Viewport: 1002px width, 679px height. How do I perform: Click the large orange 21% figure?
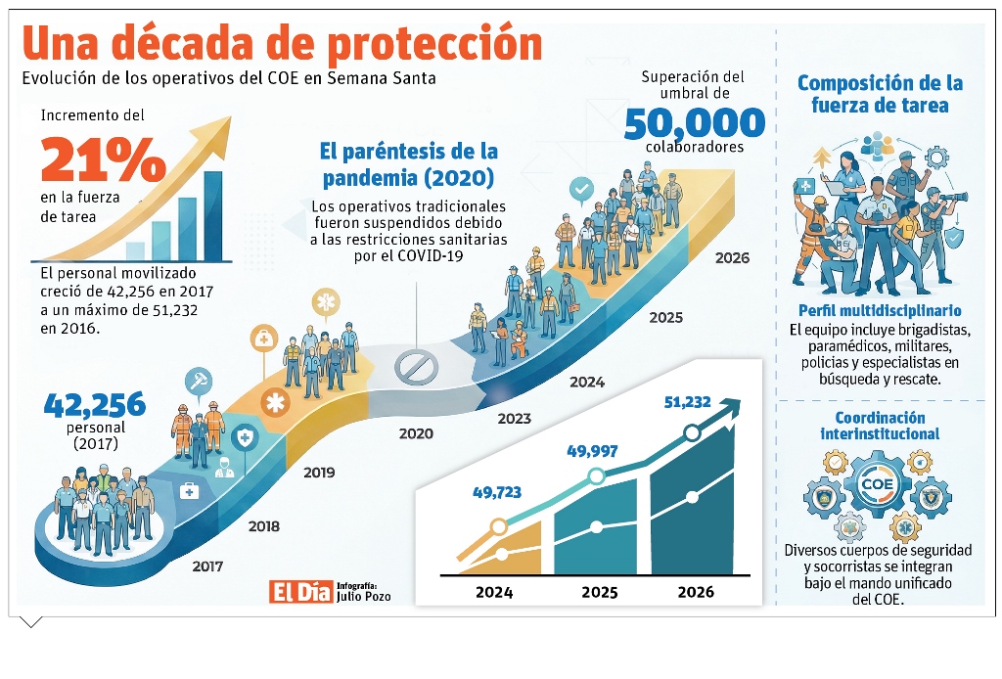coord(104,159)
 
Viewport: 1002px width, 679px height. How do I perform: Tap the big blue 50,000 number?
coord(694,123)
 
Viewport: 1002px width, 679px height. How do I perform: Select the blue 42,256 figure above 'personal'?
coord(95,404)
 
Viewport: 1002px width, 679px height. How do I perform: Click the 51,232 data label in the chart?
coord(687,402)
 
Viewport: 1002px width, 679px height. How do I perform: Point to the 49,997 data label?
coord(592,451)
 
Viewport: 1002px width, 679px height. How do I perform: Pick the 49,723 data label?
coord(497,492)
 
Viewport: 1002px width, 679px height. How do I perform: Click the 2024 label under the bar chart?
coord(494,592)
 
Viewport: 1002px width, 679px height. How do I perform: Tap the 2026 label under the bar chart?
coord(696,592)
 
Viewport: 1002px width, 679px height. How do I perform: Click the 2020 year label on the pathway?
coord(416,433)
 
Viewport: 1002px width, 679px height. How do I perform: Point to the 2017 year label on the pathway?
coord(207,566)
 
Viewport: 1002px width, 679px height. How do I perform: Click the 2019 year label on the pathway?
coord(319,473)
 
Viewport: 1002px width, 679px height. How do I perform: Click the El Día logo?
coord(301,592)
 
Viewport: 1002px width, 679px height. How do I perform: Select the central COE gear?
coord(878,483)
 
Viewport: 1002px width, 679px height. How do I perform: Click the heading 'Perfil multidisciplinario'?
coord(880,310)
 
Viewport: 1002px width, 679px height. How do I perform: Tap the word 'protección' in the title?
coord(435,44)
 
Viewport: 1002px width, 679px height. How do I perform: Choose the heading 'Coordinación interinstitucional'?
coord(880,426)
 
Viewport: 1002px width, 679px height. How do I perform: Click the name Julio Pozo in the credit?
coord(364,597)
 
